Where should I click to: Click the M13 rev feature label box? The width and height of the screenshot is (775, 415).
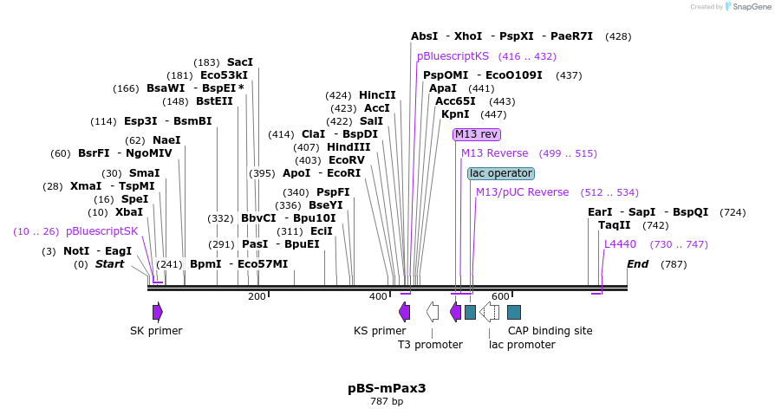click(477, 134)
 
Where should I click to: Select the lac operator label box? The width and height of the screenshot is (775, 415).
click(501, 173)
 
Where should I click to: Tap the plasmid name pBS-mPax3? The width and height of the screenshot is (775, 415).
click(387, 388)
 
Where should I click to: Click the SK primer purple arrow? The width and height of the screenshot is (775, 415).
click(157, 311)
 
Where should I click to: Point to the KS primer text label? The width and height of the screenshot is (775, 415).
click(380, 331)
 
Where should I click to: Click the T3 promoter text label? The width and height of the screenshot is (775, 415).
click(430, 345)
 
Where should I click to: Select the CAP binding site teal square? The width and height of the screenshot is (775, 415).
click(514, 312)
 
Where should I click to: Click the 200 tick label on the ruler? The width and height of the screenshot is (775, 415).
click(257, 297)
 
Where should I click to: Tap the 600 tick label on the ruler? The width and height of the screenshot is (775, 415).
click(500, 297)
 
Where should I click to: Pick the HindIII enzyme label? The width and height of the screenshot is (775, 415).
click(348, 147)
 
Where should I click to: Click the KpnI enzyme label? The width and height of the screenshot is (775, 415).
click(455, 114)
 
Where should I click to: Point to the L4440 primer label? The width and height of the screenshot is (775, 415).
click(620, 244)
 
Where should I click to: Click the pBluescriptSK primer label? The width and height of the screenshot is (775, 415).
click(101, 231)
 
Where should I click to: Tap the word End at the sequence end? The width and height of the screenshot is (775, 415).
click(637, 264)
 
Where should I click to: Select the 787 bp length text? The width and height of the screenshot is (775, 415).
click(387, 402)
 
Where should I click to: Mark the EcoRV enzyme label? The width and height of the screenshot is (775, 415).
click(347, 160)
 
